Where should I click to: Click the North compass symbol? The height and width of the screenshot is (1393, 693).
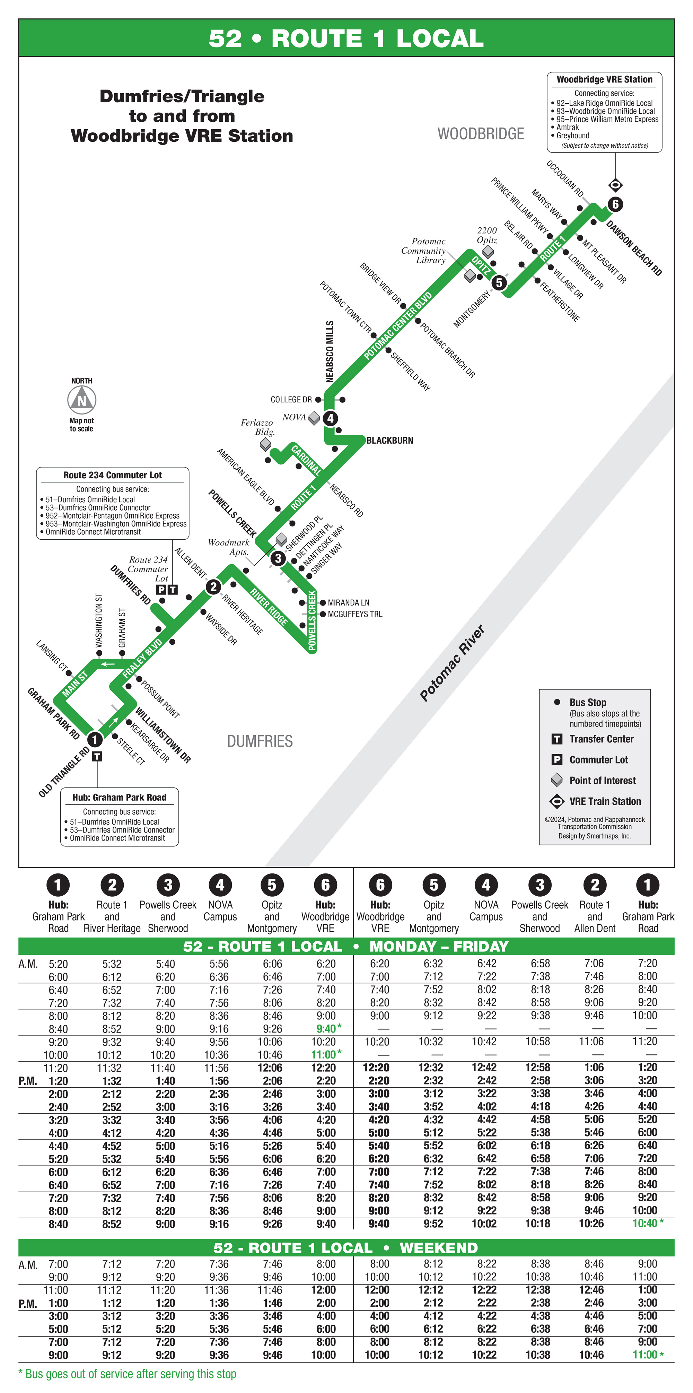click(82, 401)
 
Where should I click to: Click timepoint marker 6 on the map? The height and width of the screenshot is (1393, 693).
click(615, 204)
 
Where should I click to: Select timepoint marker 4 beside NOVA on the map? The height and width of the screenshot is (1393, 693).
click(330, 418)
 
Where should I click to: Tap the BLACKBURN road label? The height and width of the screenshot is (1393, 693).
click(390, 440)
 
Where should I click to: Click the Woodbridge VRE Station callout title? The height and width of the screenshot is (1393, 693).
click(604, 79)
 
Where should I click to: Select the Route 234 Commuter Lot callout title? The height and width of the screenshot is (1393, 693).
click(112, 475)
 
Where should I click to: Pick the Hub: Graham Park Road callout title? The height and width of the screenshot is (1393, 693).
click(120, 797)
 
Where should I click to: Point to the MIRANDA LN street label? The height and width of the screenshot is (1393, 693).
click(348, 602)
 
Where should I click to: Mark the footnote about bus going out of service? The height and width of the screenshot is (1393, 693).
click(128, 1374)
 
